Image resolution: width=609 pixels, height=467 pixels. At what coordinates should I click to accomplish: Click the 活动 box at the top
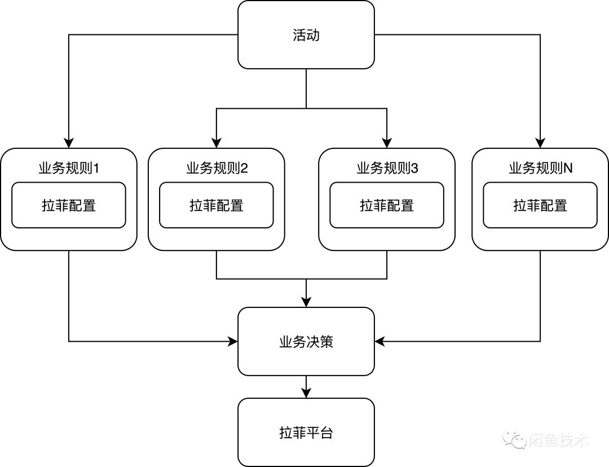(306, 35)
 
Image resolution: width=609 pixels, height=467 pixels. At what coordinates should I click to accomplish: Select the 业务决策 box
(306, 341)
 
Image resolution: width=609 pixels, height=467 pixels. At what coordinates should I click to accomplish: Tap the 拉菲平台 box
(306, 433)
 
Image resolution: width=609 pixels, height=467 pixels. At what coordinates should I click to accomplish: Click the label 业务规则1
(69, 168)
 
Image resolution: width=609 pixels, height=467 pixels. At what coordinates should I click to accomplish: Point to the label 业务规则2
(217, 168)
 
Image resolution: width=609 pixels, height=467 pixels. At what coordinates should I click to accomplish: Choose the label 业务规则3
(387, 168)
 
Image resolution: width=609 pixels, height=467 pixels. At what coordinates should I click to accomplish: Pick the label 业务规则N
(541, 168)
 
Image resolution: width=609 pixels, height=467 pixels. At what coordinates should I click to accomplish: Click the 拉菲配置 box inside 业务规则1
(69, 205)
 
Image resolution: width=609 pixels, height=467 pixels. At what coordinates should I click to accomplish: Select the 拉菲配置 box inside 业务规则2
(217, 205)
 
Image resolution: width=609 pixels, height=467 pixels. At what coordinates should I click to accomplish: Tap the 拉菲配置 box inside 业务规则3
(387, 205)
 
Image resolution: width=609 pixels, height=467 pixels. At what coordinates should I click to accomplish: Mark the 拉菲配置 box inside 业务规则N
(540, 205)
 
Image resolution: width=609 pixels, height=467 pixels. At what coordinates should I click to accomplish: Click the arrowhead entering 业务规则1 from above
(69, 143)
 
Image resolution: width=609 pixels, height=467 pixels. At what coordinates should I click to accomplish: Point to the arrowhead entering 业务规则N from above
(541, 143)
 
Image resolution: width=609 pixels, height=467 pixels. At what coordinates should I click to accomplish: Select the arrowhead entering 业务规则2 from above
(217, 143)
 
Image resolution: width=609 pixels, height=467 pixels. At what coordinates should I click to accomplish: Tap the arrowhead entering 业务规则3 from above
(387, 143)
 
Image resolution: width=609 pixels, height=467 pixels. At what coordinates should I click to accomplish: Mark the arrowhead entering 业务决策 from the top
(306, 302)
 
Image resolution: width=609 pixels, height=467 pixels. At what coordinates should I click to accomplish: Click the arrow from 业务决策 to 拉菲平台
(306, 388)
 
